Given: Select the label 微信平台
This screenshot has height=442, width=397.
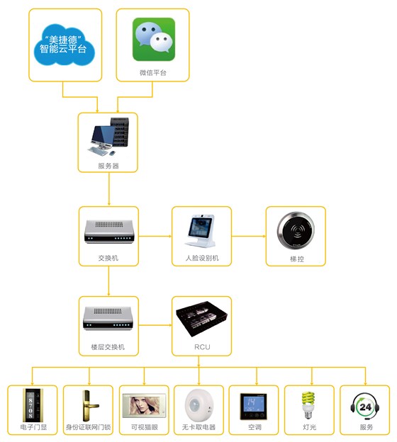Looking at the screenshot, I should point(154,73).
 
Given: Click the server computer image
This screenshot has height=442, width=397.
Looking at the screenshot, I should point(108,138).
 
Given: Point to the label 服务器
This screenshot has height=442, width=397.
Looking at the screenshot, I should point(108,166).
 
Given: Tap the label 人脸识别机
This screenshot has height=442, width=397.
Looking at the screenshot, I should point(201,259).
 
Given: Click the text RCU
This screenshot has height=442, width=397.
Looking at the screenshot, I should point(201,347).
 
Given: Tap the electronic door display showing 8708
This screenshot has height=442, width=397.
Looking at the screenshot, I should point(31,404).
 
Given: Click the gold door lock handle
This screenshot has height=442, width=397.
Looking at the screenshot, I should point(87,404).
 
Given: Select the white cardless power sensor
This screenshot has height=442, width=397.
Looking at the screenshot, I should point(198,404).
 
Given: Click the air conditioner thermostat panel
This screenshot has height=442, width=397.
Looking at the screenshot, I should point(254,404).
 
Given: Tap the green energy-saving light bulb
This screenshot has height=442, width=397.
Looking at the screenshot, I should point(309,404).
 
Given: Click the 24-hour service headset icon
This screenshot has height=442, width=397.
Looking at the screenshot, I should point(364,404).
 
